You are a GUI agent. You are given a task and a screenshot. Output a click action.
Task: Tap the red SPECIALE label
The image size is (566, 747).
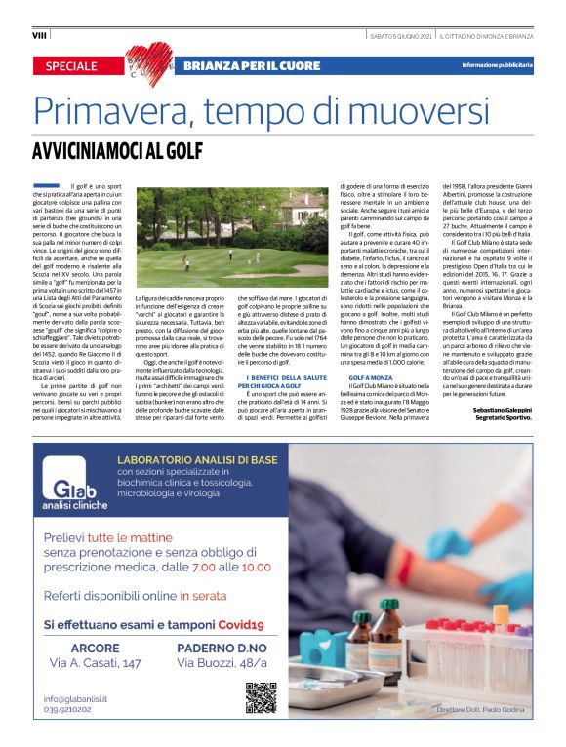pyautogui.click(x=71, y=66)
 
